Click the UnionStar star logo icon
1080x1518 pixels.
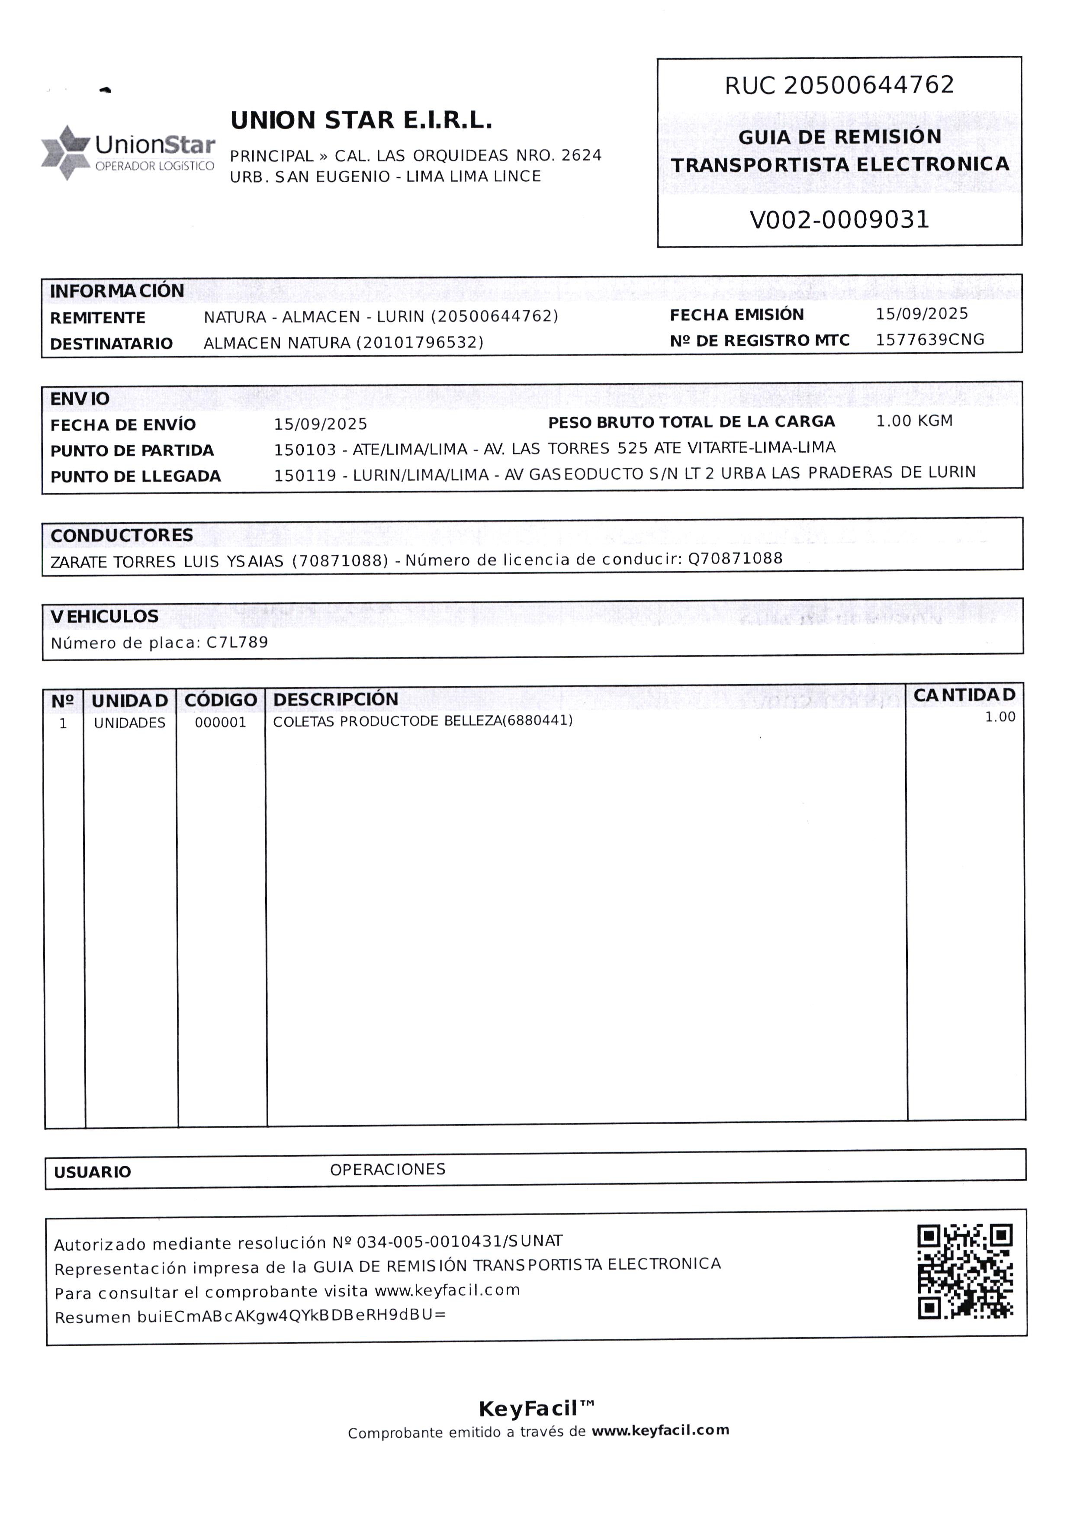(x=65, y=152)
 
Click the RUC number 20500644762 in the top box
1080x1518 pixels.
(x=869, y=85)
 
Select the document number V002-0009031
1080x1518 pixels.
(x=839, y=219)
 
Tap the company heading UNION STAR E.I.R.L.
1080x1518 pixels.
(x=361, y=120)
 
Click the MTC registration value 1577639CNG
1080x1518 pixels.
(x=930, y=340)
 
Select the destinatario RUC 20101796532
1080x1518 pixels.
(x=420, y=342)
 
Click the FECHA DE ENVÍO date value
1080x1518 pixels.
(x=321, y=424)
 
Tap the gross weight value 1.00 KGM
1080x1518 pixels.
(x=914, y=421)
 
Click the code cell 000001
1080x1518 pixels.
(x=221, y=723)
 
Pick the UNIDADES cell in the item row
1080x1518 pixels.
(x=130, y=723)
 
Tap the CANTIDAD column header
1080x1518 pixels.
(x=964, y=695)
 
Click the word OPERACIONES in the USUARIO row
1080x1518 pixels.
(x=388, y=1169)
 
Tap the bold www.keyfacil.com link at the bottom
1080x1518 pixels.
(x=660, y=1430)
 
